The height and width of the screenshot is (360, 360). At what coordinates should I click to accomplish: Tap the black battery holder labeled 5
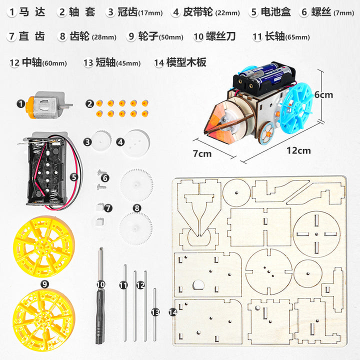point(47,170)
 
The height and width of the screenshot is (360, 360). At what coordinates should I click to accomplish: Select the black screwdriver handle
point(100,316)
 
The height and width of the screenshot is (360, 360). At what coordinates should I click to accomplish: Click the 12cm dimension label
point(298,150)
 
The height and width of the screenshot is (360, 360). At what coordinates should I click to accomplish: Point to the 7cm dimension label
point(202,153)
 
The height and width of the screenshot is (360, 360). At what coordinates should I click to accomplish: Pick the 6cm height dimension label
point(323,94)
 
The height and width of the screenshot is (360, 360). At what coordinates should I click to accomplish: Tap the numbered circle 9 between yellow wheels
point(44,284)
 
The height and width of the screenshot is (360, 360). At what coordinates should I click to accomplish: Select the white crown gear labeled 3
point(101,140)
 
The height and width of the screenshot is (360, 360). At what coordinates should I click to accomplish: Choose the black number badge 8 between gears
point(137,208)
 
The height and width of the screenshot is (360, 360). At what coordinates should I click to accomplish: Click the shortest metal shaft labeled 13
point(155,314)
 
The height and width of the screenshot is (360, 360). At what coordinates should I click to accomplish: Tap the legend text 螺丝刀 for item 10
point(220,36)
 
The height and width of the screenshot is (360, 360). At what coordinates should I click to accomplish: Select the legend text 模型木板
point(186,62)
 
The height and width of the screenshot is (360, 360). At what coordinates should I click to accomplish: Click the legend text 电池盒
point(275,12)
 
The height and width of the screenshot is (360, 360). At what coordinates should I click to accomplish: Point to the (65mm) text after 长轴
point(297,37)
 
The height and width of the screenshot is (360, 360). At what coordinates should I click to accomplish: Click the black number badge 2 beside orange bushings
point(89,104)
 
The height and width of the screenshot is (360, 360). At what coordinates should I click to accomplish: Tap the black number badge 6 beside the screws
point(105,178)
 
